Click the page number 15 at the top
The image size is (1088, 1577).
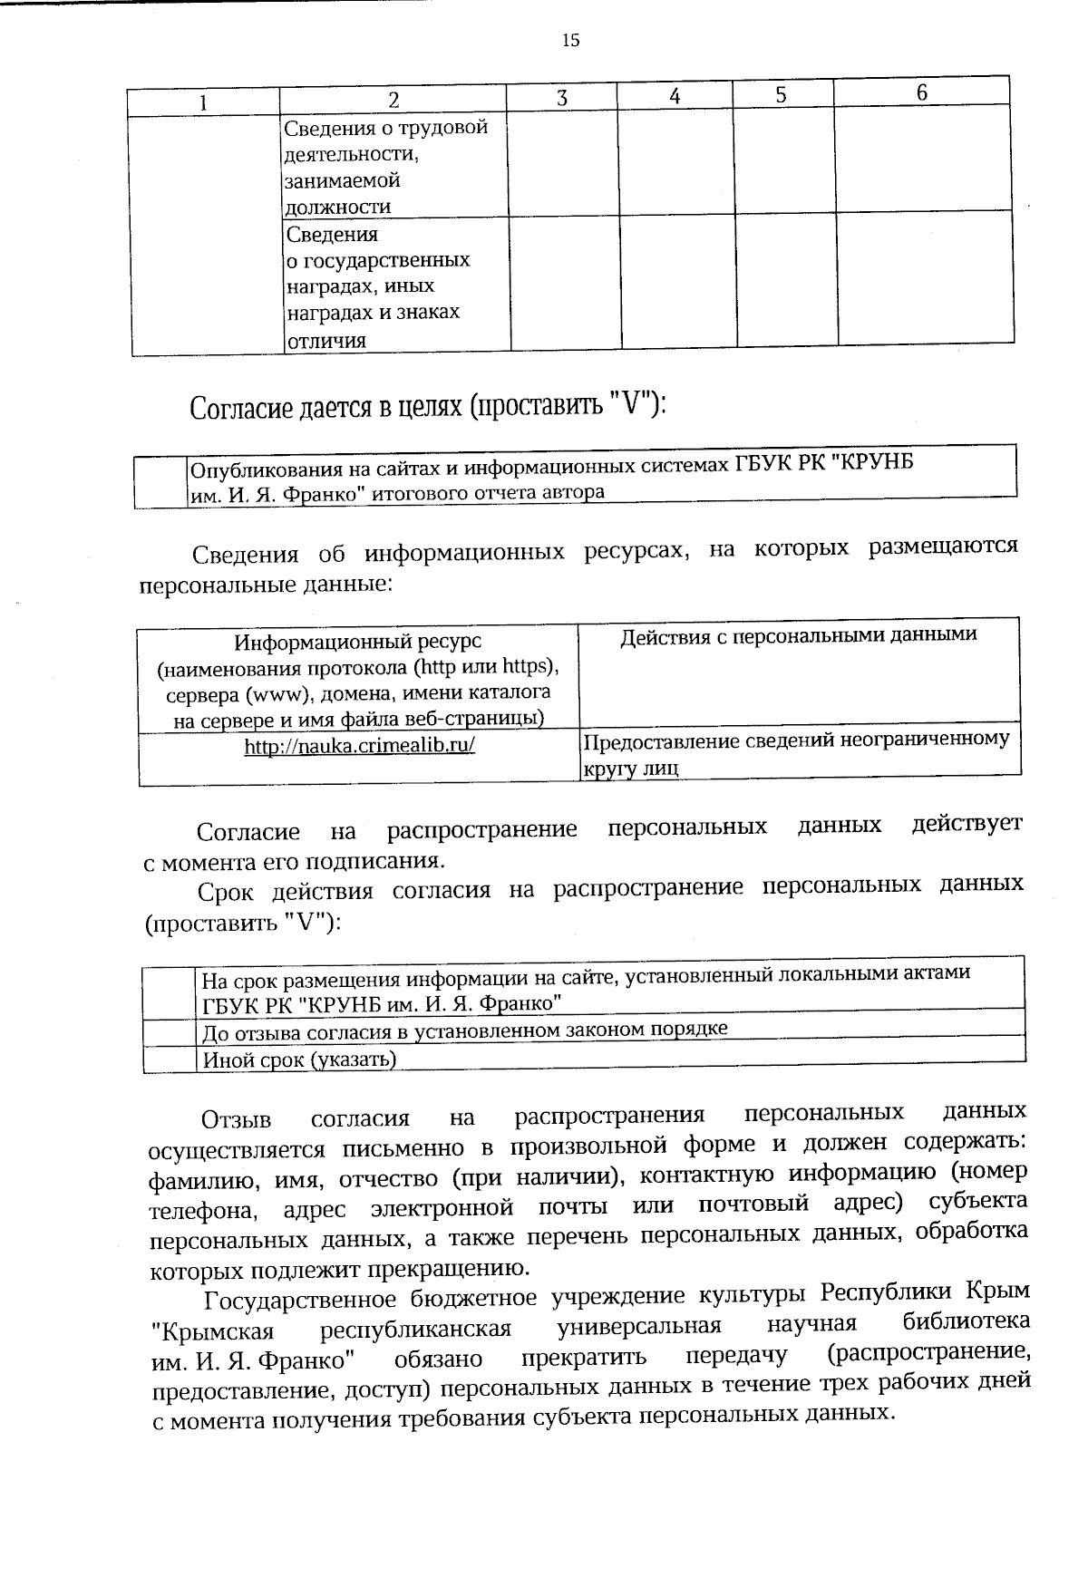(x=570, y=40)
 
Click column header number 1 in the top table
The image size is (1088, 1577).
(x=203, y=102)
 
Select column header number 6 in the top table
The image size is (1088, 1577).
(x=921, y=93)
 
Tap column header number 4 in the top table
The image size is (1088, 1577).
(x=675, y=96)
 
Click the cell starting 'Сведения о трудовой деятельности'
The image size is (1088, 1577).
(x=387, y=167)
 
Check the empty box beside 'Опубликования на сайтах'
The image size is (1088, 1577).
(x=160, y=481)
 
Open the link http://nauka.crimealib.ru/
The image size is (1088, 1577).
(x=360, y=746)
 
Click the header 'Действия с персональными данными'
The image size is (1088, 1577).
(x=798, y=635)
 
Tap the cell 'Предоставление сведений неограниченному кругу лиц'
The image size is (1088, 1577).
(x=795, y=753)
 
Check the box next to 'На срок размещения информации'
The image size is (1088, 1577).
(x=170, y=992)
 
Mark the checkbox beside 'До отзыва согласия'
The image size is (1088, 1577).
(x=170, y=1032)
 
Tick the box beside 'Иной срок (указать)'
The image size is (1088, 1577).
(x=170, y=1059)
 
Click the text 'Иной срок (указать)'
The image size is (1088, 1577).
(x=299, y=1059)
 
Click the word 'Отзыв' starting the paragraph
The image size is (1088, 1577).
(x=236, y=1119)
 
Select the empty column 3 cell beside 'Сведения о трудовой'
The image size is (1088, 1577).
(x=562, y=164)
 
